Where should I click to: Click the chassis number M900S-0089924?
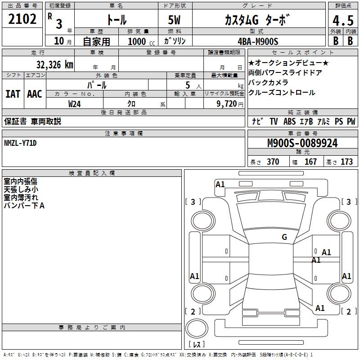302,143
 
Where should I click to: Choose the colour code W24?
75,104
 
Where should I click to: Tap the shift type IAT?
13,94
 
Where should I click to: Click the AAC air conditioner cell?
35,94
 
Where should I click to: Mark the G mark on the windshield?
284,237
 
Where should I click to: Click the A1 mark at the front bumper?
220,184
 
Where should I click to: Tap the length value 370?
273,162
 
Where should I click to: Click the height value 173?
346,162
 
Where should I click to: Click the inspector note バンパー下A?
24,206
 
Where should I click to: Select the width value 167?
310,162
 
